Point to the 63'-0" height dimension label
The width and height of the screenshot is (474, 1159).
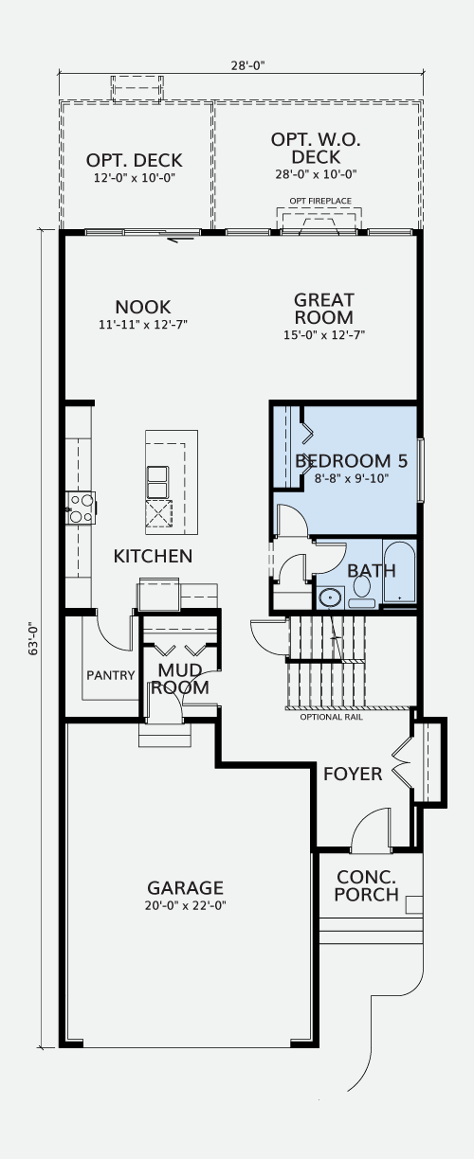click(x=34, y=639)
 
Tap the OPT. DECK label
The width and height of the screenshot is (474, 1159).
click(x=135, y=160)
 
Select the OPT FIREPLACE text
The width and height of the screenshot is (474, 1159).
click(x=320, y=201)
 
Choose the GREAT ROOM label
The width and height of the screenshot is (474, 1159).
click(x=324, y=309)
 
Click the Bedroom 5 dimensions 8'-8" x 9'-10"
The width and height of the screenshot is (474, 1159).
click(x=352, y=478)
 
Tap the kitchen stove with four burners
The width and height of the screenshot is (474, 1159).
click(x=81, y=508)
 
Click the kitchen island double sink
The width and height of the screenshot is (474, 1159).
click(x=158, y=482)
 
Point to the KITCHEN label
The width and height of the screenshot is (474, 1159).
click(x=153, y=556)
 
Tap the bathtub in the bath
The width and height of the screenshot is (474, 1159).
click(x=399, y=572)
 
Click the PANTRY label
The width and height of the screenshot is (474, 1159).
click(x=110, y=675)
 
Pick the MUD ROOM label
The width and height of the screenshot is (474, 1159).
click(x=180, y=679)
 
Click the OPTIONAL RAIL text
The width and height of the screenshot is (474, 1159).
click(x=332, y=717)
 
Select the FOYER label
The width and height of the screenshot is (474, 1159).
click(x=353, y=774)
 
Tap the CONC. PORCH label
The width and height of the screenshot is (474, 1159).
click(x=366, y=885)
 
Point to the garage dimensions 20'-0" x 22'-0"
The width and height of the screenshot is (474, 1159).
click(x=186, y=905)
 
